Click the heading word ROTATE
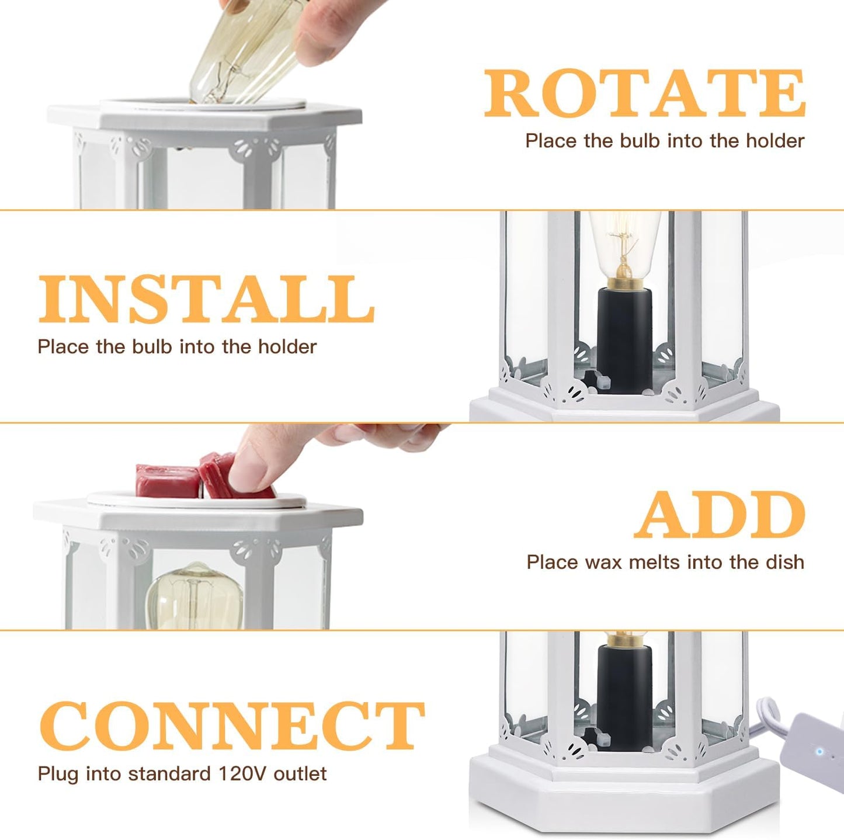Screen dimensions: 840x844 pyautogui.click(x=645, y=93)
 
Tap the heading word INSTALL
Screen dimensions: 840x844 pyautogui.click(x=206, y=299)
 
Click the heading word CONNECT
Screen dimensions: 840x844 pyautogui.click(x=231, y=726)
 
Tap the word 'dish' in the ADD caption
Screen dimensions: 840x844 pyautogui.click(x=784, y=562)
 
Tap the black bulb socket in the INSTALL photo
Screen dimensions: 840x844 pyautogui.click(x=624, y=339)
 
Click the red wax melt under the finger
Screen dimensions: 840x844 pyautogui.click(x=219, y=476)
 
